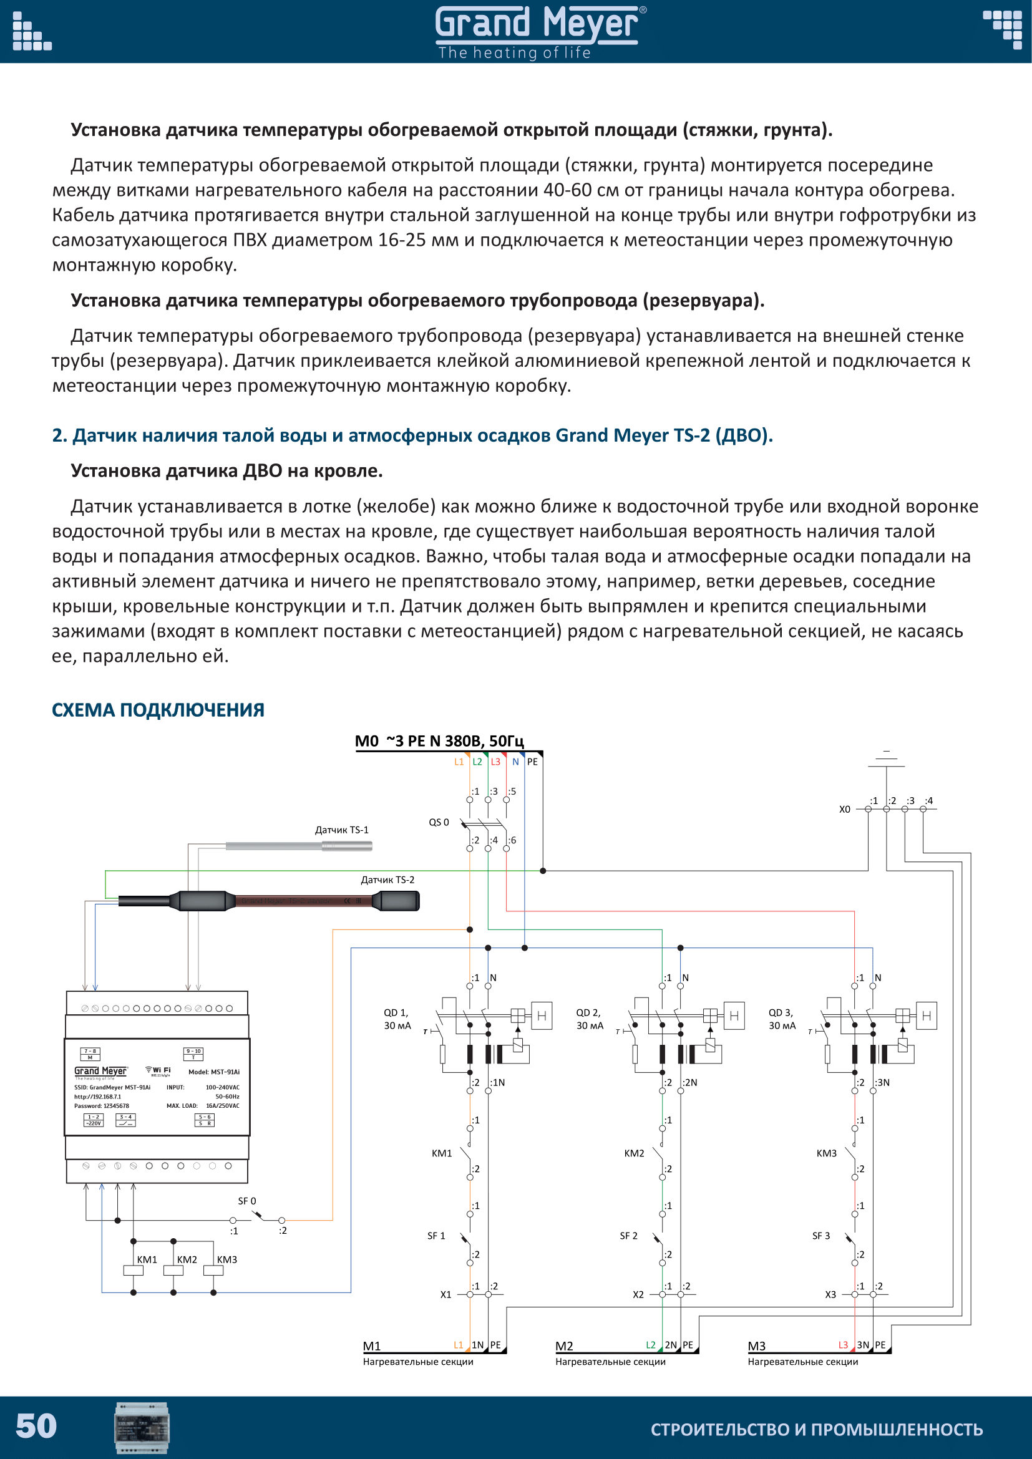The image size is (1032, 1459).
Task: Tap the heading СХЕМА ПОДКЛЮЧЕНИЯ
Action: coord(158,710)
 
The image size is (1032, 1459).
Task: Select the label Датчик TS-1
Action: coord(341,830)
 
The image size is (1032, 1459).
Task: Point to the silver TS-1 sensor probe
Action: coord(299,846)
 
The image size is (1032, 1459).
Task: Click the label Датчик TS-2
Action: coord(387,880)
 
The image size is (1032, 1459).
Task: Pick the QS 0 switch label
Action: coord(439,822)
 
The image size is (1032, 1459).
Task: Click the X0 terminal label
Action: coord(844,810)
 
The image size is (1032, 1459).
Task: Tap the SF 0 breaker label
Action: coord(246,1201)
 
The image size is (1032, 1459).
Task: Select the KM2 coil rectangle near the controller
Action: coord(173,1271)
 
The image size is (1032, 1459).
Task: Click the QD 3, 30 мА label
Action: coord(782,1019)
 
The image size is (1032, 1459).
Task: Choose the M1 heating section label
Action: coord(372,1346)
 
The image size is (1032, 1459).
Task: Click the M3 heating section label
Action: coord(756,1346)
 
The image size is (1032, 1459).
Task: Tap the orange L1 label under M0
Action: coord(459,762)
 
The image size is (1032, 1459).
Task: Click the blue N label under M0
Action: coord(515,762)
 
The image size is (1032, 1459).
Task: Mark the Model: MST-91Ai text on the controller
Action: coord(213,1072)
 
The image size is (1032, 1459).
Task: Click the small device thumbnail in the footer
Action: coord(142,1427)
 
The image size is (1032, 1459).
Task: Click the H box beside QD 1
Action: coord(542,1016)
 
